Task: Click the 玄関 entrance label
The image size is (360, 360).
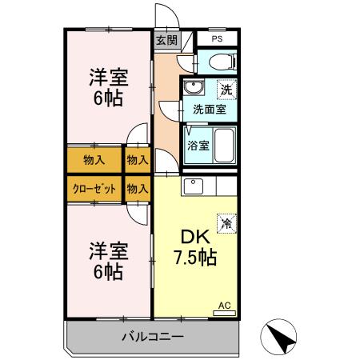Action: (x=166, y=39)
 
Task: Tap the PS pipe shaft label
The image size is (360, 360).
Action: (x=217, y=39)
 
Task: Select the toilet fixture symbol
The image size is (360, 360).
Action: (x=217, y=61)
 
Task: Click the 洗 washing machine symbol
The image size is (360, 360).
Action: (x=226, y=90)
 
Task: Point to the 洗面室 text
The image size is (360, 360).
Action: (x=209, y=109)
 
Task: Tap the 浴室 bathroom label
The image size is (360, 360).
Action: (x=198, y=146)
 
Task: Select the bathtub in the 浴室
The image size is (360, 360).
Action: (x=222, y=145)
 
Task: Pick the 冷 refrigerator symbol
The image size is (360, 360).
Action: (x=227, y=224)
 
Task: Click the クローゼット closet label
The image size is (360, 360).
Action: (x=93, y=190)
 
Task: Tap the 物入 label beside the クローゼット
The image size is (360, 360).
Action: (x=138, y=190)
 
